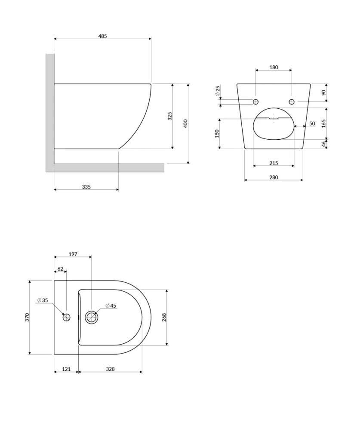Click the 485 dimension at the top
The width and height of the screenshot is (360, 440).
pos(102,36)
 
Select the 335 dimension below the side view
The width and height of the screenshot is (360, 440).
pos(86,187)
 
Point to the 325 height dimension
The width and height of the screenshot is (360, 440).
pos(170,116)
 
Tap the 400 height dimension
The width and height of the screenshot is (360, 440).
pos(186,124)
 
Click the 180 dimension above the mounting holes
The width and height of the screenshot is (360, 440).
pos(274,67)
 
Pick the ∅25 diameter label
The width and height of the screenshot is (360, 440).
pos(218,91)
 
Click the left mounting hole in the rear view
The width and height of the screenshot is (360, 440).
pos(255,102)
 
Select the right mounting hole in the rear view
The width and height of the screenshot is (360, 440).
pos(292,102)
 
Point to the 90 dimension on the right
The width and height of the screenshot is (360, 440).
pos(324,92)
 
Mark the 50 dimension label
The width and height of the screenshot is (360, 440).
pos(312,124)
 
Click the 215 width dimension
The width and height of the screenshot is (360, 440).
pos(274,163)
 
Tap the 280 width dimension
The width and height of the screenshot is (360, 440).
pos(274,177)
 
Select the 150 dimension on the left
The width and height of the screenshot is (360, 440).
pos(217,134)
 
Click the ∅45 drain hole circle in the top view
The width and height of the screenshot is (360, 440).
pos(92,318)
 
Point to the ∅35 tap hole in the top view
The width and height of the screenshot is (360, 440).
pos(67,317)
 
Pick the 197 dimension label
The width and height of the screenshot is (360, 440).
pos(73,254)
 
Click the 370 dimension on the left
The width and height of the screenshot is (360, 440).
pos(27,318)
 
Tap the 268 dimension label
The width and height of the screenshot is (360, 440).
pos(164,317)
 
